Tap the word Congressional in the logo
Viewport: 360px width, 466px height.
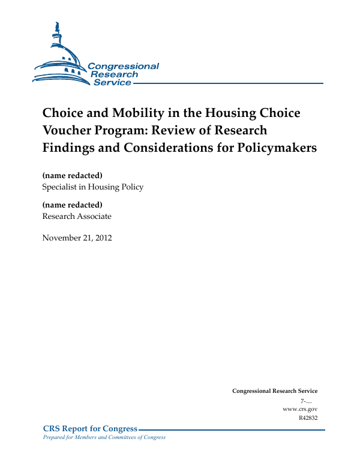click(x=124, y=66)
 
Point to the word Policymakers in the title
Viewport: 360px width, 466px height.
click(x=277, y=148)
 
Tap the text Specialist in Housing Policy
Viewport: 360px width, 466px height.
click(x=92, y=187)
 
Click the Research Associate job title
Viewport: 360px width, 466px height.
click(x=76, y=216)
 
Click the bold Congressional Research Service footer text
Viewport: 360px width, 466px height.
click(x=275, y=390)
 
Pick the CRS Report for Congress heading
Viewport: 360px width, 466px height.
click(x=91, y=428)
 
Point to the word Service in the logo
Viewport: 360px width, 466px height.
click(x=112, y=83)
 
